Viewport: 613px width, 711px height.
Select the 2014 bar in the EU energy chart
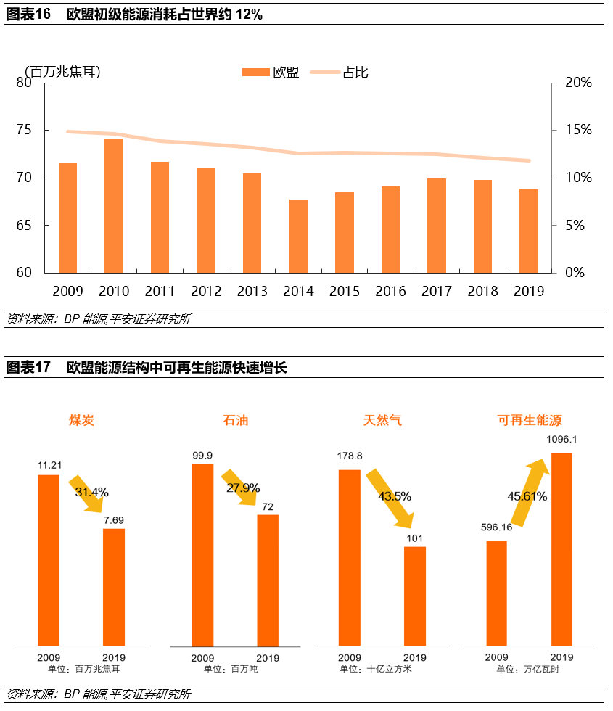[298, 236]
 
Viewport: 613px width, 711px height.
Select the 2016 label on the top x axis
[390, 291]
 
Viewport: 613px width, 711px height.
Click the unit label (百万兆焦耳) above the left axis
[62, 71]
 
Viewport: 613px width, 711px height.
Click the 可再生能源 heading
[530, 420]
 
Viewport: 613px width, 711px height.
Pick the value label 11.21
[49, 465]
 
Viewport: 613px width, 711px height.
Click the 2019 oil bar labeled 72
[268, 580]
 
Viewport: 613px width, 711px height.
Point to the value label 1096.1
[561, 439]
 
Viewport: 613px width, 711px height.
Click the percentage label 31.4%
[91, 492]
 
